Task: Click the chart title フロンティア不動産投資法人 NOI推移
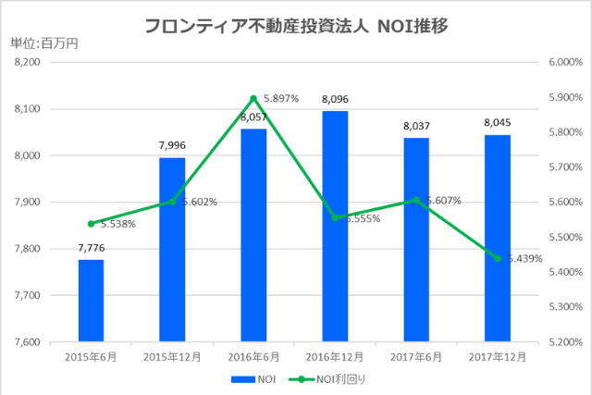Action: [x=296, y=25]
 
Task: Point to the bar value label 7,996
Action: [x=172, y=144]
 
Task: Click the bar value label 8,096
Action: [x=335, y=97]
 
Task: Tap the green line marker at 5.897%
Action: [x=253, y=98]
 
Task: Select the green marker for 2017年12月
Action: [x=498, y=258]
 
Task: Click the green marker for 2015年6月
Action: [x=91, y=224]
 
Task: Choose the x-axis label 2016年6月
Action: [x=253, y=356]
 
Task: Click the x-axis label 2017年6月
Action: [x=416, y=356]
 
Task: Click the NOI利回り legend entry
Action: [x=339, y=379]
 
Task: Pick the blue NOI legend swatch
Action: [x=242, y=379]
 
